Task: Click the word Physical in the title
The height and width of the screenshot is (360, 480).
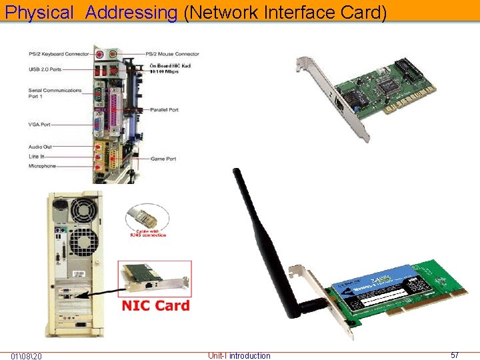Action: coord(39,12)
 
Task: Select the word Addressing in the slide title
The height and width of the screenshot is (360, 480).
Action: coord(131,12)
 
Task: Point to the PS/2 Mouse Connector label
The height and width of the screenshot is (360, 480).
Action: coord(173,54)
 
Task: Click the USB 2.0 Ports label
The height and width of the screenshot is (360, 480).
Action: coord(45,68)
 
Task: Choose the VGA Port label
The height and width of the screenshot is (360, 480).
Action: coord(39,125)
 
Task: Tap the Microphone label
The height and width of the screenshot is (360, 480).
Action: coord(43,166)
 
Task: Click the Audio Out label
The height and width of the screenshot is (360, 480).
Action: coord(40,147)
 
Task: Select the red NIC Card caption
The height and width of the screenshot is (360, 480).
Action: coord(155,306)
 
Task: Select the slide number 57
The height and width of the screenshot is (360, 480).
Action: coord(455,355)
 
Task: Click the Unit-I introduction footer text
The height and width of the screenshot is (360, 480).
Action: coord(239,355)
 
